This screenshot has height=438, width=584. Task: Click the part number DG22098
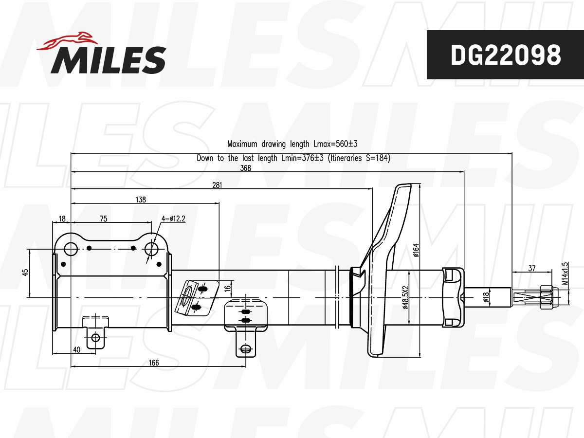coord(505,55)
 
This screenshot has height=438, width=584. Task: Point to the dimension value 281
coord(217,185)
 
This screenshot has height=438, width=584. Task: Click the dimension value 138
coord(141,200)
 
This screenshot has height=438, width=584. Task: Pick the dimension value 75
coord(103,219)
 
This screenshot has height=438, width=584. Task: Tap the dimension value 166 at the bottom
coord(154,363)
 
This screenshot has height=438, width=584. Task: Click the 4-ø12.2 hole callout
coord(173,219)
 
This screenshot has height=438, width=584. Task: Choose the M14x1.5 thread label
coord(565,274)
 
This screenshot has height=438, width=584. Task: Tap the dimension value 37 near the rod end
coord(531,268)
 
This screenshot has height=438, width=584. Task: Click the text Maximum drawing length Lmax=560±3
coord(292,144)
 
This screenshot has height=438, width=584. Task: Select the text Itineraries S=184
coord(359,158)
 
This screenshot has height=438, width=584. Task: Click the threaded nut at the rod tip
coord(547,296)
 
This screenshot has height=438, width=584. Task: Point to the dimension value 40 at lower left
coord(76,349)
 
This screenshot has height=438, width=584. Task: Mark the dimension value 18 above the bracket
coord(62,219)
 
